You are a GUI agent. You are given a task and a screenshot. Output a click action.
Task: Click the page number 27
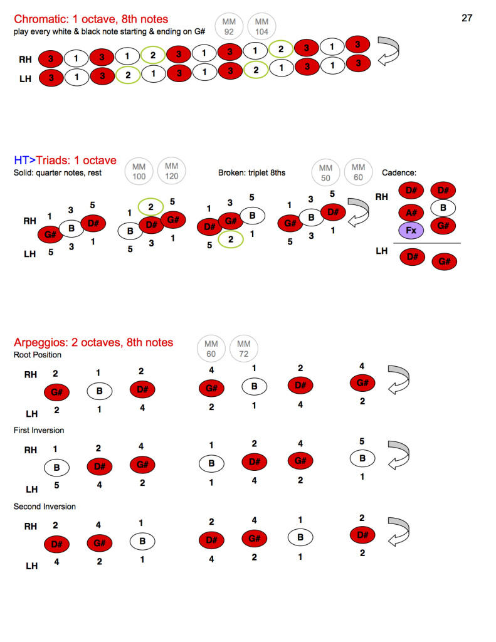pos(467,18)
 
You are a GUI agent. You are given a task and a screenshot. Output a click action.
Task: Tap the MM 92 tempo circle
pos(229,27)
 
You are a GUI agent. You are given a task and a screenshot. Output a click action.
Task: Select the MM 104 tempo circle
pos(261,27)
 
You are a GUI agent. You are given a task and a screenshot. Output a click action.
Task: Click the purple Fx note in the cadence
pos(411,230)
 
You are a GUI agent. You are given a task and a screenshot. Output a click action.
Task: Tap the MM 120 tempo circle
pos(171,172)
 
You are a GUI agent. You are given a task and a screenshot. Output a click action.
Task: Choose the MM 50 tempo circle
pos(325,172)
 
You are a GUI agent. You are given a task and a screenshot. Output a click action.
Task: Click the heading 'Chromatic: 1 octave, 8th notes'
pos(91,19)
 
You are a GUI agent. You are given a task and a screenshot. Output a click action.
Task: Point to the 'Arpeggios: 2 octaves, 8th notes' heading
pos(93,342)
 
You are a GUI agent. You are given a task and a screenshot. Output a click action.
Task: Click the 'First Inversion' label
pos(39,430)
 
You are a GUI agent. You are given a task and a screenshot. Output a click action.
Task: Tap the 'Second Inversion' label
pos(45,506)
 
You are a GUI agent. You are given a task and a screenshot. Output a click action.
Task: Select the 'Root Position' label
pos(38,355)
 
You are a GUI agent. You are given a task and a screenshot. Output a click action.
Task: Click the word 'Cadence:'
pos(399,172)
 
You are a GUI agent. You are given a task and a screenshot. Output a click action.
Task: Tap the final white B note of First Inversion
pos(362,458)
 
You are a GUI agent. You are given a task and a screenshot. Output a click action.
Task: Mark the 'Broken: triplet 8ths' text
pos(251,172)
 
